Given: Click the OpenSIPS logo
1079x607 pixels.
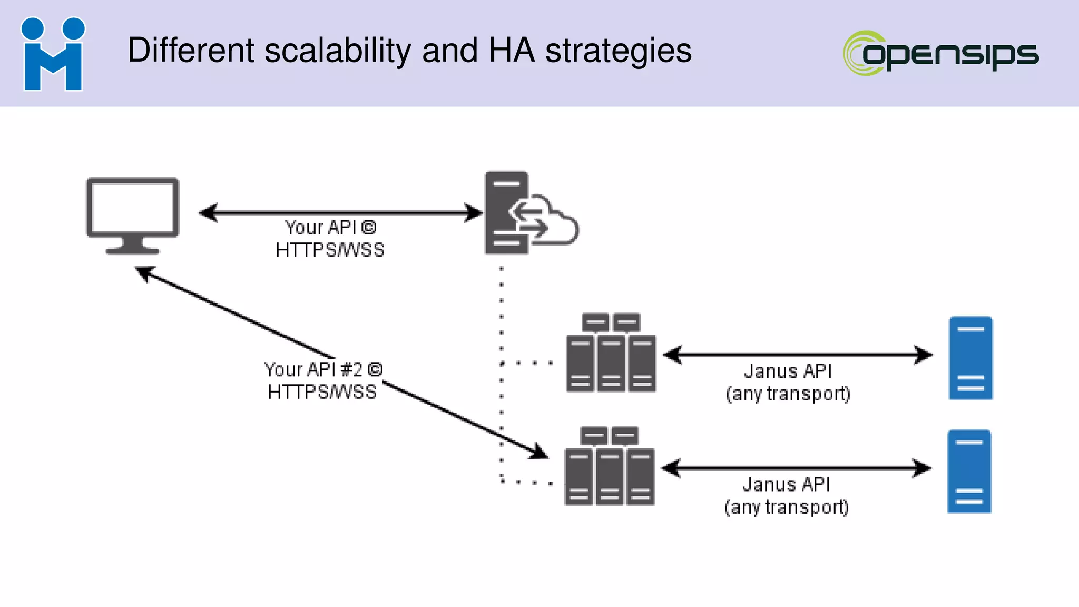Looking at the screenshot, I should click(941, 53).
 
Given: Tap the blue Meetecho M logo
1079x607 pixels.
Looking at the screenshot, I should click(53, 54).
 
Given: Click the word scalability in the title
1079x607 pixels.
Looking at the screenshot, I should click(337, 51).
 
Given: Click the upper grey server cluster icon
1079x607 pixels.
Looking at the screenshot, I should click(611, 353).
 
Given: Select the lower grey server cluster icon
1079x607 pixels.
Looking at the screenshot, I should click(610, 466).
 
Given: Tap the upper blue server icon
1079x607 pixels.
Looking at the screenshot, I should click(970, 358).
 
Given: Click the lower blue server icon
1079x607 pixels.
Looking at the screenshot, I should click(969, 471).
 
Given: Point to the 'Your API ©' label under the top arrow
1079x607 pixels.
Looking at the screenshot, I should click(330, 228).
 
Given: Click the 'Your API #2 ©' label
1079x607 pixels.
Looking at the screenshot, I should click(323, 369).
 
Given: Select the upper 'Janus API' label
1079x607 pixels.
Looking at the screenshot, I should click(788, 371).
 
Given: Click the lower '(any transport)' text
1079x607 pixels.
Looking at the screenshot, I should click(787, 507).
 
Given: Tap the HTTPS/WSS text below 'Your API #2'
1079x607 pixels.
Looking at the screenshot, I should click(322, 392).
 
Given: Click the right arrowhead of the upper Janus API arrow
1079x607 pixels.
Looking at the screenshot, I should click(924, 355).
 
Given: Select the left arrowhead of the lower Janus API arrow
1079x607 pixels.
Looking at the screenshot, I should click(671, 468).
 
